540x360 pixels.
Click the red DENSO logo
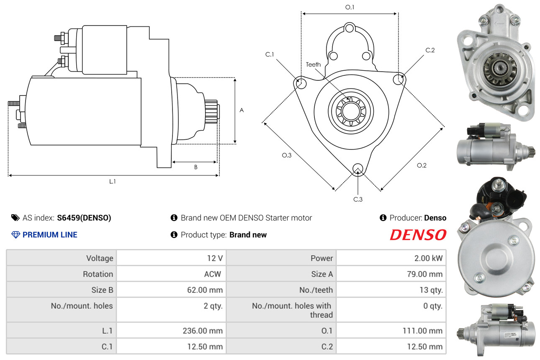coord(418,235)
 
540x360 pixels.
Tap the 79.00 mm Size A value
coord(425,274)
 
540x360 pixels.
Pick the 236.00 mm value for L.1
coord(203,331)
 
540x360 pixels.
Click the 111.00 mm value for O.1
coord(423,331)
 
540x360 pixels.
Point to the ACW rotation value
coord(212,274)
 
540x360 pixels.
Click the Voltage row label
coord(100,258)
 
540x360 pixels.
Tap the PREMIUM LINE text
coord(50,235)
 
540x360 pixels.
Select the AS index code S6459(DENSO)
coord(84,218)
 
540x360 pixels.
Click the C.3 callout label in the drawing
coord(358,199)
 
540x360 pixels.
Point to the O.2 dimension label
coord(422,165)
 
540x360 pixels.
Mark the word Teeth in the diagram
coord(313,64)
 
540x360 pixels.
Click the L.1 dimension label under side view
coord(112,181)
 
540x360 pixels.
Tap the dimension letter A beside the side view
coord(242,110)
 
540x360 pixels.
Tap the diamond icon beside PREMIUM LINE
coord(15,235)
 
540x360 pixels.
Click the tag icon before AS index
coord(15,218)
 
